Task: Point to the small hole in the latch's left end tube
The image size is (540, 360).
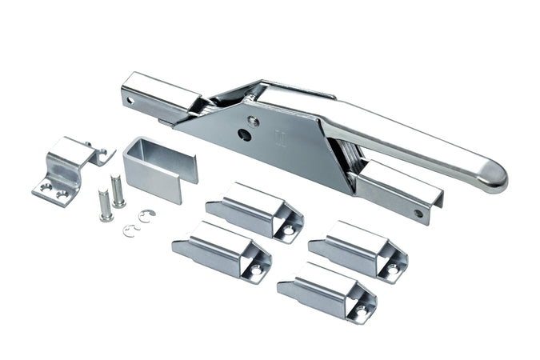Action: click(x=130, y=100)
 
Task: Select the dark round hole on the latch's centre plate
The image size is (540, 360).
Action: click(x=245, y=135)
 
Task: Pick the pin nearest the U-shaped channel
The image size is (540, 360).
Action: click(x=118, y=190)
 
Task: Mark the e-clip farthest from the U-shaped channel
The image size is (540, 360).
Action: click(x=131, y=231)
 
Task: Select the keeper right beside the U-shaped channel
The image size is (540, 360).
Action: click(x=254, y=210)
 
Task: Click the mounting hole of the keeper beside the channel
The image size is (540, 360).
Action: click(x=288, y=230)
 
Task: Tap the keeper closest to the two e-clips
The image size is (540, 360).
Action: click(x=221, y=250)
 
